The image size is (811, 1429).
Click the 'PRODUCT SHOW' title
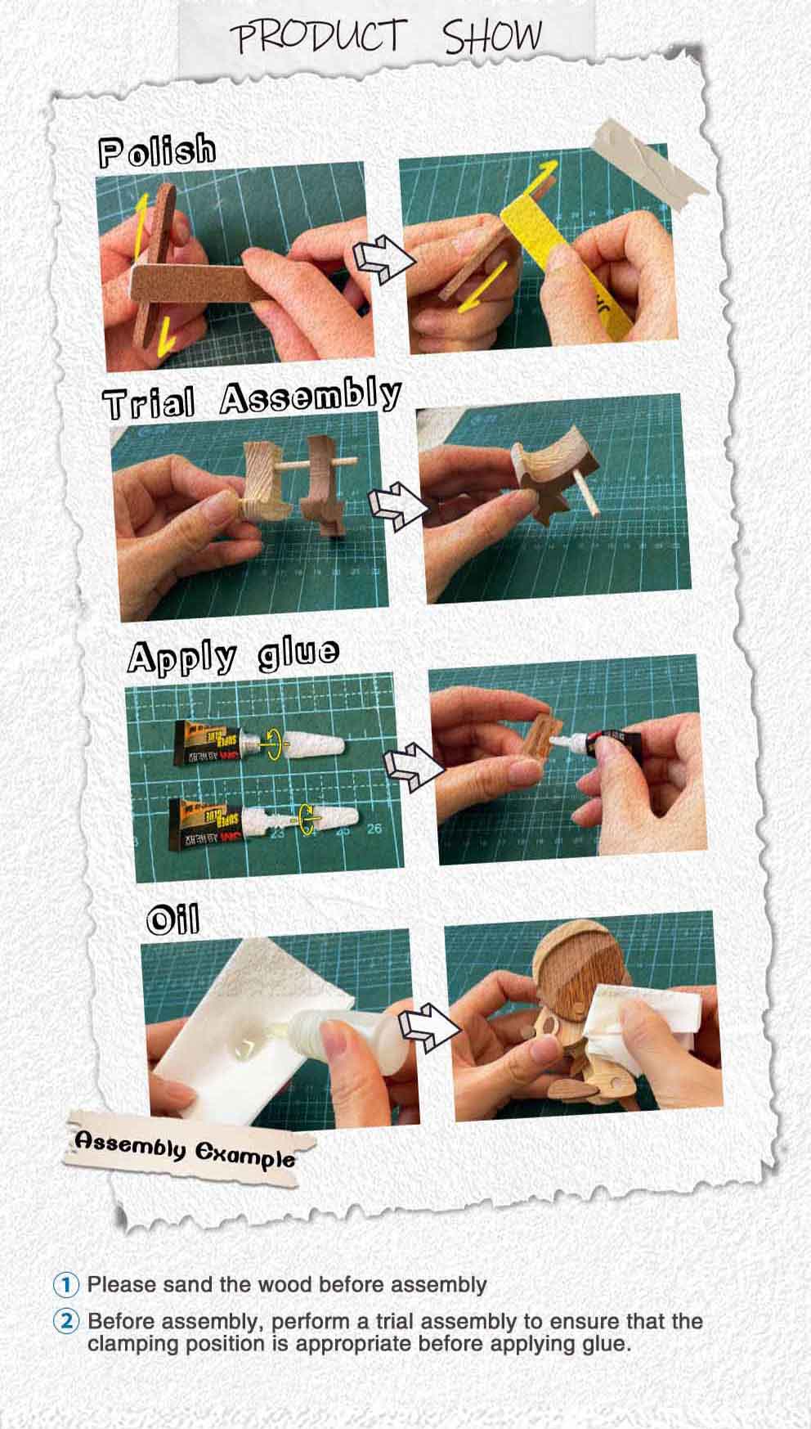coord(385,37)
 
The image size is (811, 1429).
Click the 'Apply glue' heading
coord(233,656)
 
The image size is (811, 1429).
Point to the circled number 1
coord(65,1284)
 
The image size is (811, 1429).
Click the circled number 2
coord(65,1321)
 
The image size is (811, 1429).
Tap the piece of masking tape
coord(651,164)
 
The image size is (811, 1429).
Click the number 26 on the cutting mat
coord(374,829)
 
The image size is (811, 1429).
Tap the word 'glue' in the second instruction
coord(604,1344)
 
